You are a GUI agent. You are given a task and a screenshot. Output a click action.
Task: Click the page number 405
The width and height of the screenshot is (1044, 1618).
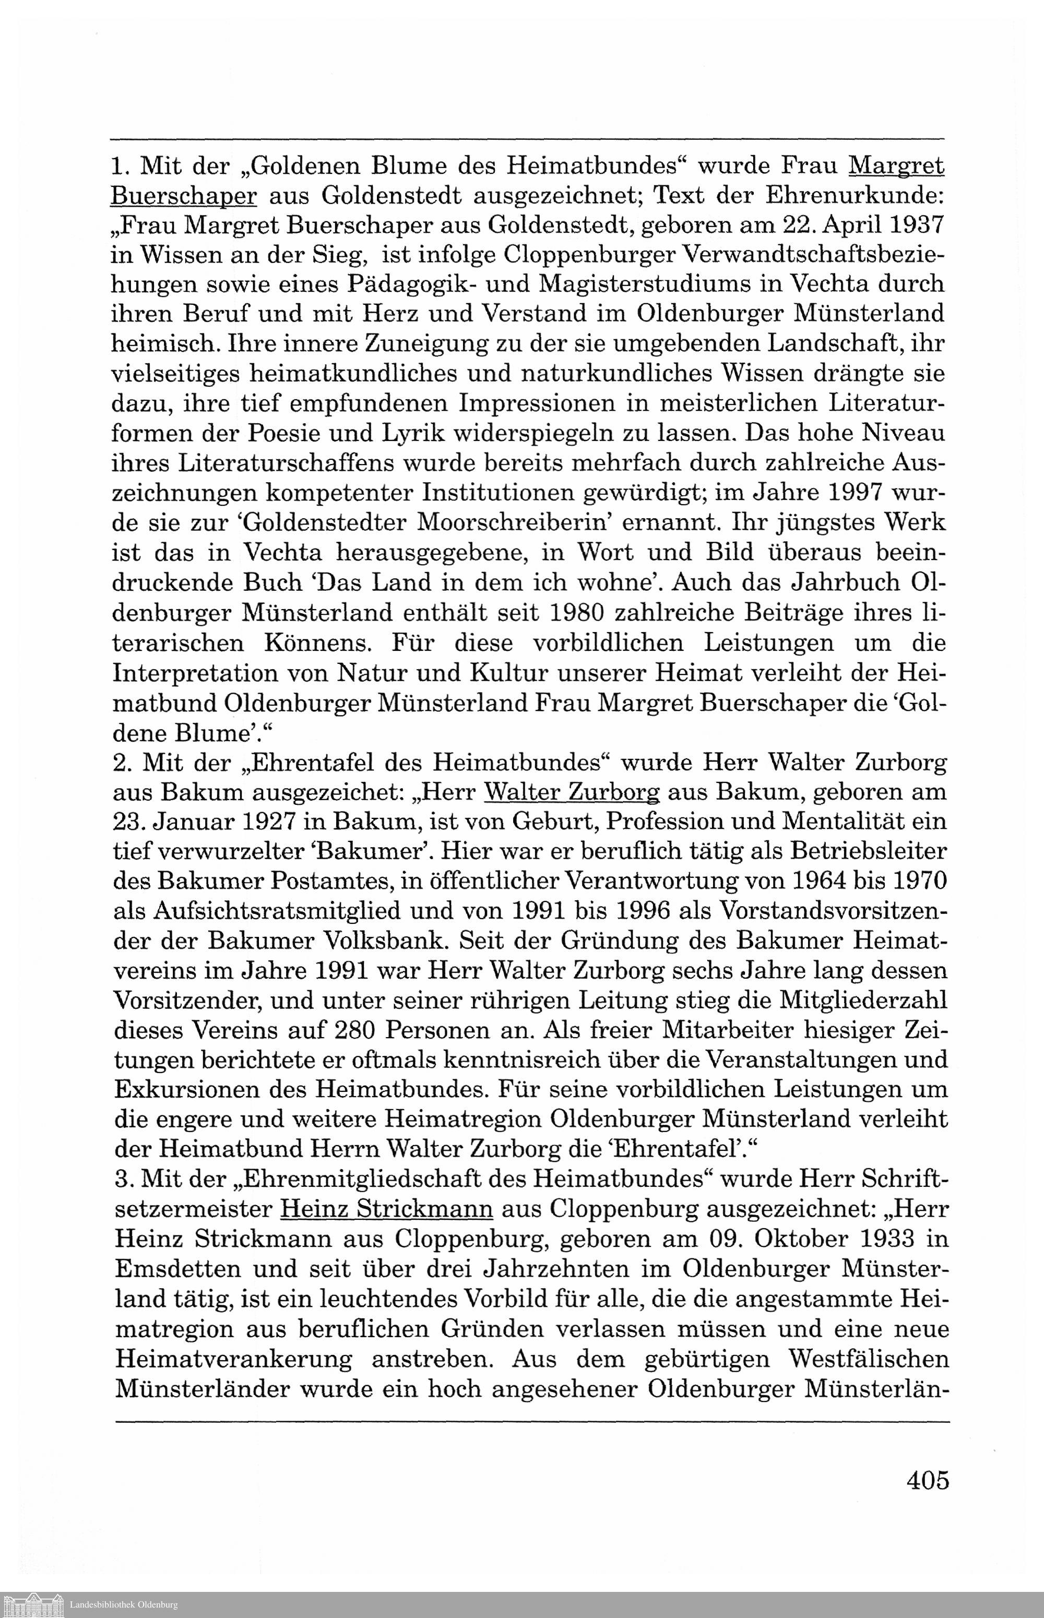coord(928,1479)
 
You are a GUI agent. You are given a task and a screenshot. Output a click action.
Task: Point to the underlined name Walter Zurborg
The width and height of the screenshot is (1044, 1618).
coord(573,792)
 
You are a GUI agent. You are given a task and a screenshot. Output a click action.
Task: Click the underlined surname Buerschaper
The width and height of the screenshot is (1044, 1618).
coord(184,195)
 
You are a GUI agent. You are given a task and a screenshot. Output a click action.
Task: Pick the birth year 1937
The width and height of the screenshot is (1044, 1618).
coord(908,224)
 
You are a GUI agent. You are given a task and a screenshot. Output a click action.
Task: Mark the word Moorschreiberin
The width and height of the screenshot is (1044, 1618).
coord(515,522)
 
